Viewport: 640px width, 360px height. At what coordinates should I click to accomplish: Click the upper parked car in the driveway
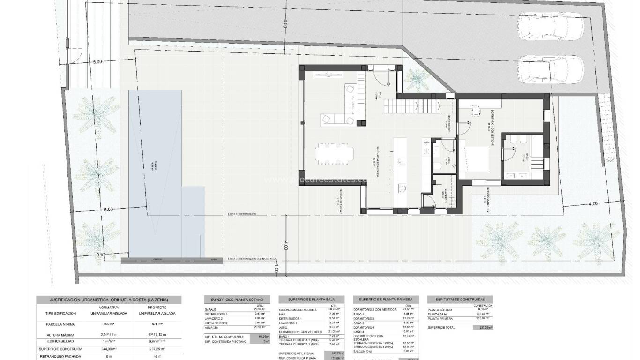[x=550, y=29]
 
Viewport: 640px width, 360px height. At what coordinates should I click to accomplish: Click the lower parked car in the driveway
[x=550, y=72]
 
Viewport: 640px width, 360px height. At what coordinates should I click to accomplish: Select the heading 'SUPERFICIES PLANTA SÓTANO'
[x=237, y=299]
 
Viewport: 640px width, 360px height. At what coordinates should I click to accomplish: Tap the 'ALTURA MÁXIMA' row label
[x=61, y=334]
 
